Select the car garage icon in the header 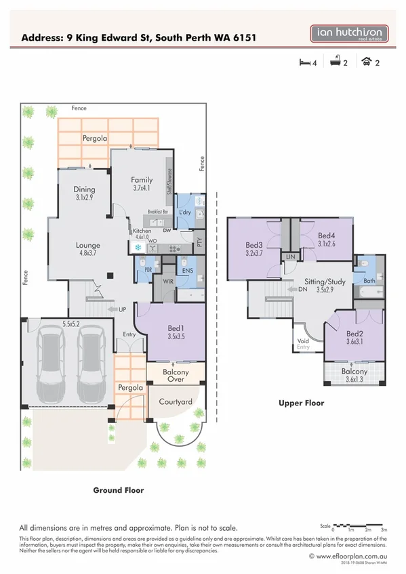tap(367, 63)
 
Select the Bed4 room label tap(327, 240)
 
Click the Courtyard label tap(176, 401)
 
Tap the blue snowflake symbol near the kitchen tap(138, 248)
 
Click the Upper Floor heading tap(301, 403)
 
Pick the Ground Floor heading tap(118, 489)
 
